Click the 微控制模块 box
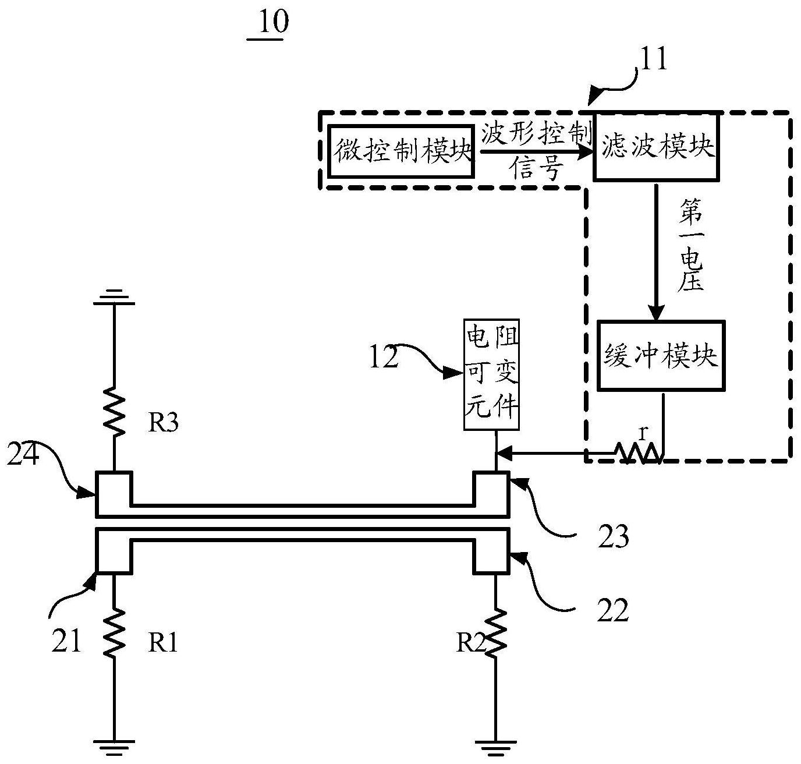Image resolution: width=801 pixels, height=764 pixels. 401,151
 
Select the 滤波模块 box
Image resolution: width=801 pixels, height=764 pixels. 656,146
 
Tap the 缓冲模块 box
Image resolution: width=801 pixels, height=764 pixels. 661,356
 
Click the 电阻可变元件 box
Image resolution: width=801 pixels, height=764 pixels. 491,374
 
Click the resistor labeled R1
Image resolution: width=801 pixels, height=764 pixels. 114,633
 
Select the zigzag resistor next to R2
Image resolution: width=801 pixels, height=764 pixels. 495,633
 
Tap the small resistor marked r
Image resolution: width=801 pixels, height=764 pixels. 638,452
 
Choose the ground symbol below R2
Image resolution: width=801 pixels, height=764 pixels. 495,748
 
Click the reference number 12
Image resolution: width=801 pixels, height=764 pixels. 384,357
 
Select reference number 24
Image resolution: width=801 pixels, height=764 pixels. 23,454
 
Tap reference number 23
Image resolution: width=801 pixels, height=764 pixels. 614,536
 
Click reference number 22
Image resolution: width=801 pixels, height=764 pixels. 613,610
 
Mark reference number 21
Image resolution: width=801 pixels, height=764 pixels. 66,641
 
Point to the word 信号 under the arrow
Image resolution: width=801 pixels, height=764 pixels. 537,168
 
